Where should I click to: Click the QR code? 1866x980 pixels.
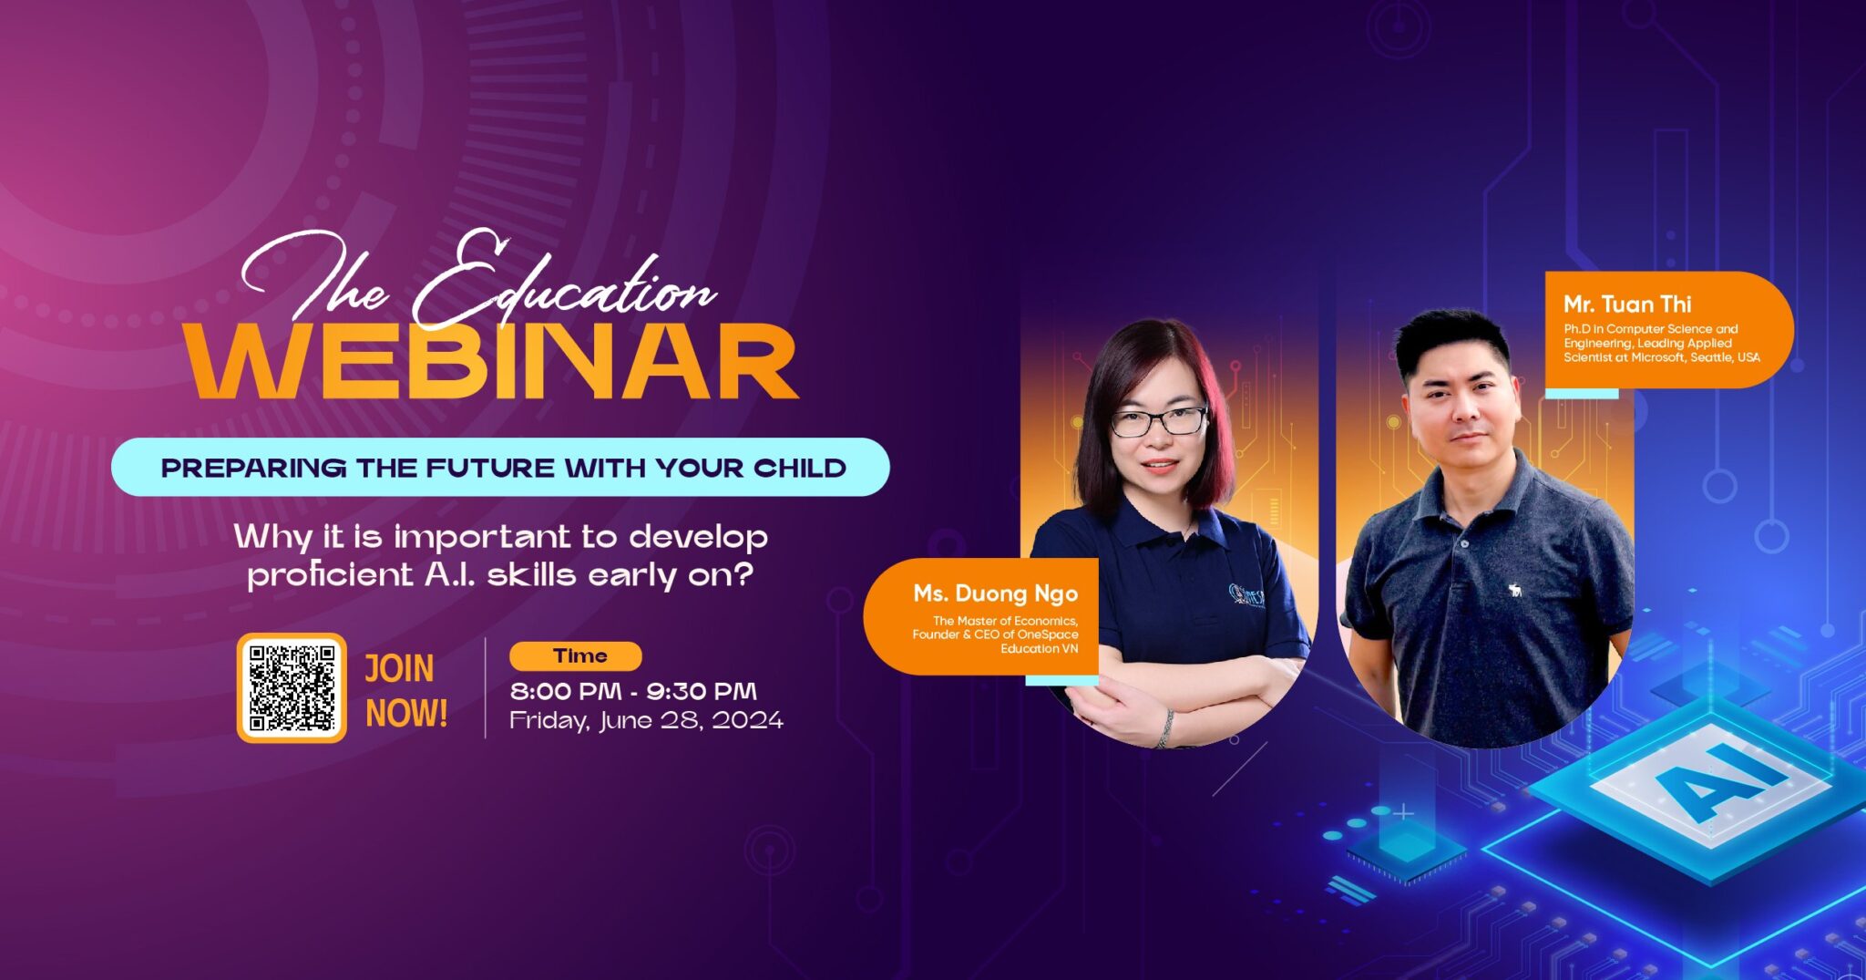[x=292, y=687]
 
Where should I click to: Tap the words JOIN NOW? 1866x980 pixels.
[x=406, y=691]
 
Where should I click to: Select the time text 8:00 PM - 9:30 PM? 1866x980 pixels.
[x=633, y=691]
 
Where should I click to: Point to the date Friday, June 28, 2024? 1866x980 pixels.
[x=646, y=720]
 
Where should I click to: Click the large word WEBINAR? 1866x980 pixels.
[x=492, y=362]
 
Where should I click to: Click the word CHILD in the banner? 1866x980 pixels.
[x=800, y=468]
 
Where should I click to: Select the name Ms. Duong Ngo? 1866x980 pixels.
[x=995, y=593]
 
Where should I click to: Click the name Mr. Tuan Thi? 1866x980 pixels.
[x=1627, y=304]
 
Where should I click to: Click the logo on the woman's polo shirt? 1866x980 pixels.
[x=1246, y=596]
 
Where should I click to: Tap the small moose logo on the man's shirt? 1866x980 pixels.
[x=1515, y=591]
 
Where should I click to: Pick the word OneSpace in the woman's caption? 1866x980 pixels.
[x=1048, y=634]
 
